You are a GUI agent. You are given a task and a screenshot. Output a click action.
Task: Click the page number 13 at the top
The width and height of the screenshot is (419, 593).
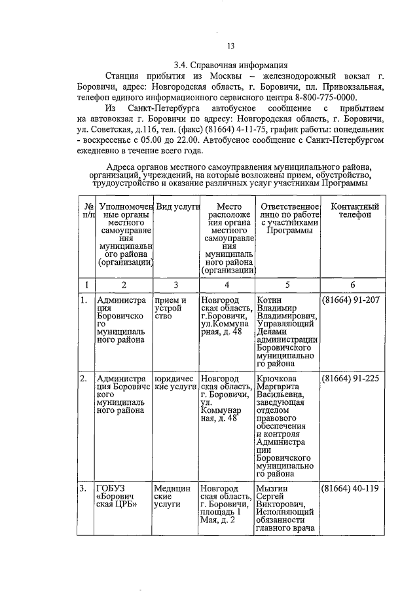pyautogui.click(x=230, y=46)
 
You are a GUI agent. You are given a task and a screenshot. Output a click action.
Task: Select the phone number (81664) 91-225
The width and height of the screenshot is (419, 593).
pyautogui.click(x=351, y=379)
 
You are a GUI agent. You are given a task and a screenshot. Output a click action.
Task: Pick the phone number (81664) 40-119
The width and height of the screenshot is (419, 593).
pyautogui.click(x=351, y=488)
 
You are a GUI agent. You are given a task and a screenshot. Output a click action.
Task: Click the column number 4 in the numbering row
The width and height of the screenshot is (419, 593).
pyautogui.click(x=227, y=284)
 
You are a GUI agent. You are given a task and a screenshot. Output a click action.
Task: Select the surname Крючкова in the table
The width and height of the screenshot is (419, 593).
pyautogui.click(x=277, y=379)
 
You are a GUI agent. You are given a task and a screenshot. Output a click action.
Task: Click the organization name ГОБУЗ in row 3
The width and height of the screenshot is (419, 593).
pyautogui.click(x=111, y=488)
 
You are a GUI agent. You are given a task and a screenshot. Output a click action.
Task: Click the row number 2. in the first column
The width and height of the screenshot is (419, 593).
pyautogui.click(x=83, y=379)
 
